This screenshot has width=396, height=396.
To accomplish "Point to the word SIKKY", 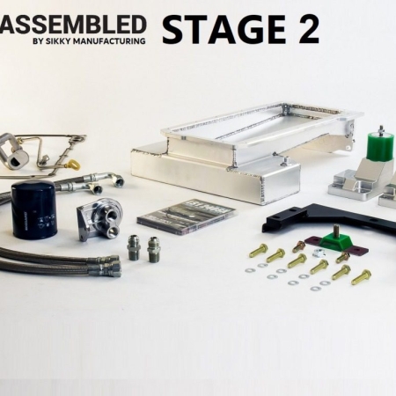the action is pyautogui.click(x=57, y=41).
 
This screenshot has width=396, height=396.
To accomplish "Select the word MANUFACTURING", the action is pyautogui.click(x=109, y=41).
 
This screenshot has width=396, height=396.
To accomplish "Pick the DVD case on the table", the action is pyautogui.click(x=187, y=217).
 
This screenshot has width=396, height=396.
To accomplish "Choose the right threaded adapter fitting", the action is pyautogui.click(x=154, y=249).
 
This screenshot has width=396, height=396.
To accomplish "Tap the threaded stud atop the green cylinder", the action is pyautogui.click(x=381, y=128).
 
